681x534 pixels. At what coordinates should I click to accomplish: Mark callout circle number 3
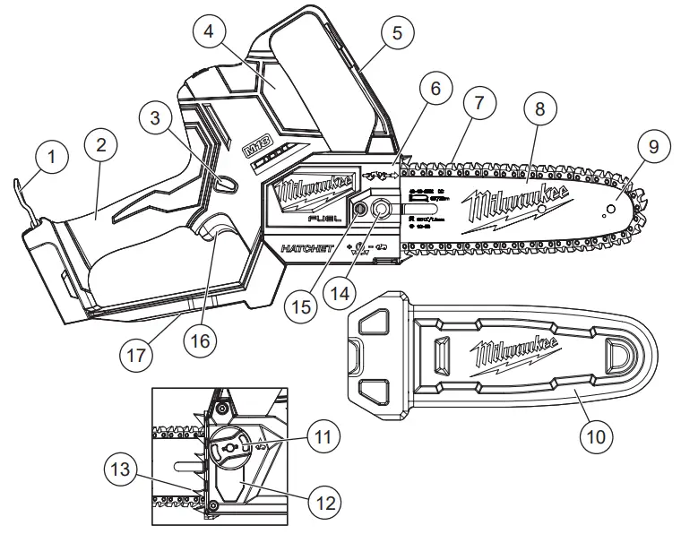click(159, 117)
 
